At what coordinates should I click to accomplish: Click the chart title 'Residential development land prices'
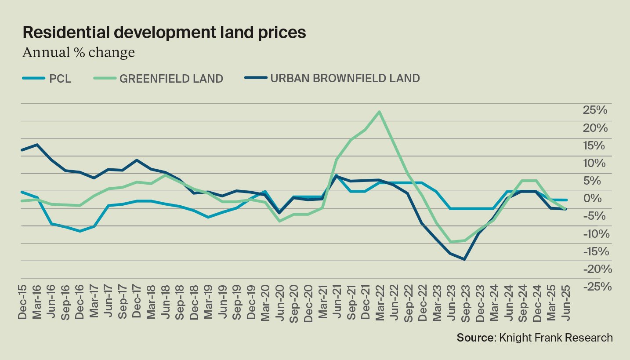tap(164, 33)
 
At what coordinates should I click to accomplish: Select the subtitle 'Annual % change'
tap(78, 53)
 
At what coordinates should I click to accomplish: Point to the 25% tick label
tap(595, 110)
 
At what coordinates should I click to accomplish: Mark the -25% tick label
tap(597, 286)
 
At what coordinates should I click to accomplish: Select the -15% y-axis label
tap(597, 251)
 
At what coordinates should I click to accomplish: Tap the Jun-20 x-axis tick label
tap(279, 304)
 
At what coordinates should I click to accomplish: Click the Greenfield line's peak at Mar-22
tap(379, 112)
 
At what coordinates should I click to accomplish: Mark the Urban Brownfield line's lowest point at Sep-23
tap(464, 259)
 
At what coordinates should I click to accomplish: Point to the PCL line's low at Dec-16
tap(80, 231)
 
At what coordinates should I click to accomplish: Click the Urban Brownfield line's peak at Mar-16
tap(37, 145)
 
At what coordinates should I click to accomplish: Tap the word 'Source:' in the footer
tap(476, 338)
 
